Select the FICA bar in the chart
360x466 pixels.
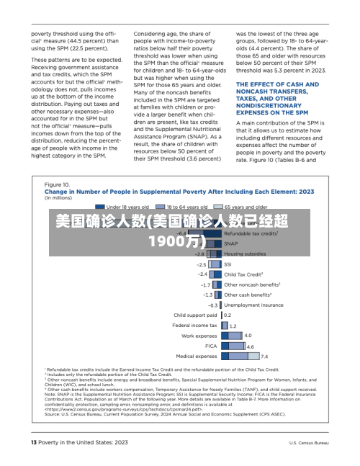233,346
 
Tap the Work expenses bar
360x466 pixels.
231,336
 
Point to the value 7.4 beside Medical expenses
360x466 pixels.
264,357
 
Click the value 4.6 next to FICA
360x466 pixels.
250,346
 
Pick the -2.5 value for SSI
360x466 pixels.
202,264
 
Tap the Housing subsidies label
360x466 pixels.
265,254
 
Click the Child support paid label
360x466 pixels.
195,315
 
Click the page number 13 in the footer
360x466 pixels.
32,442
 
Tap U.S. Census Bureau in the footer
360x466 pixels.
309,442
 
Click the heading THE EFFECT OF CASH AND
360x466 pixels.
277,84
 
